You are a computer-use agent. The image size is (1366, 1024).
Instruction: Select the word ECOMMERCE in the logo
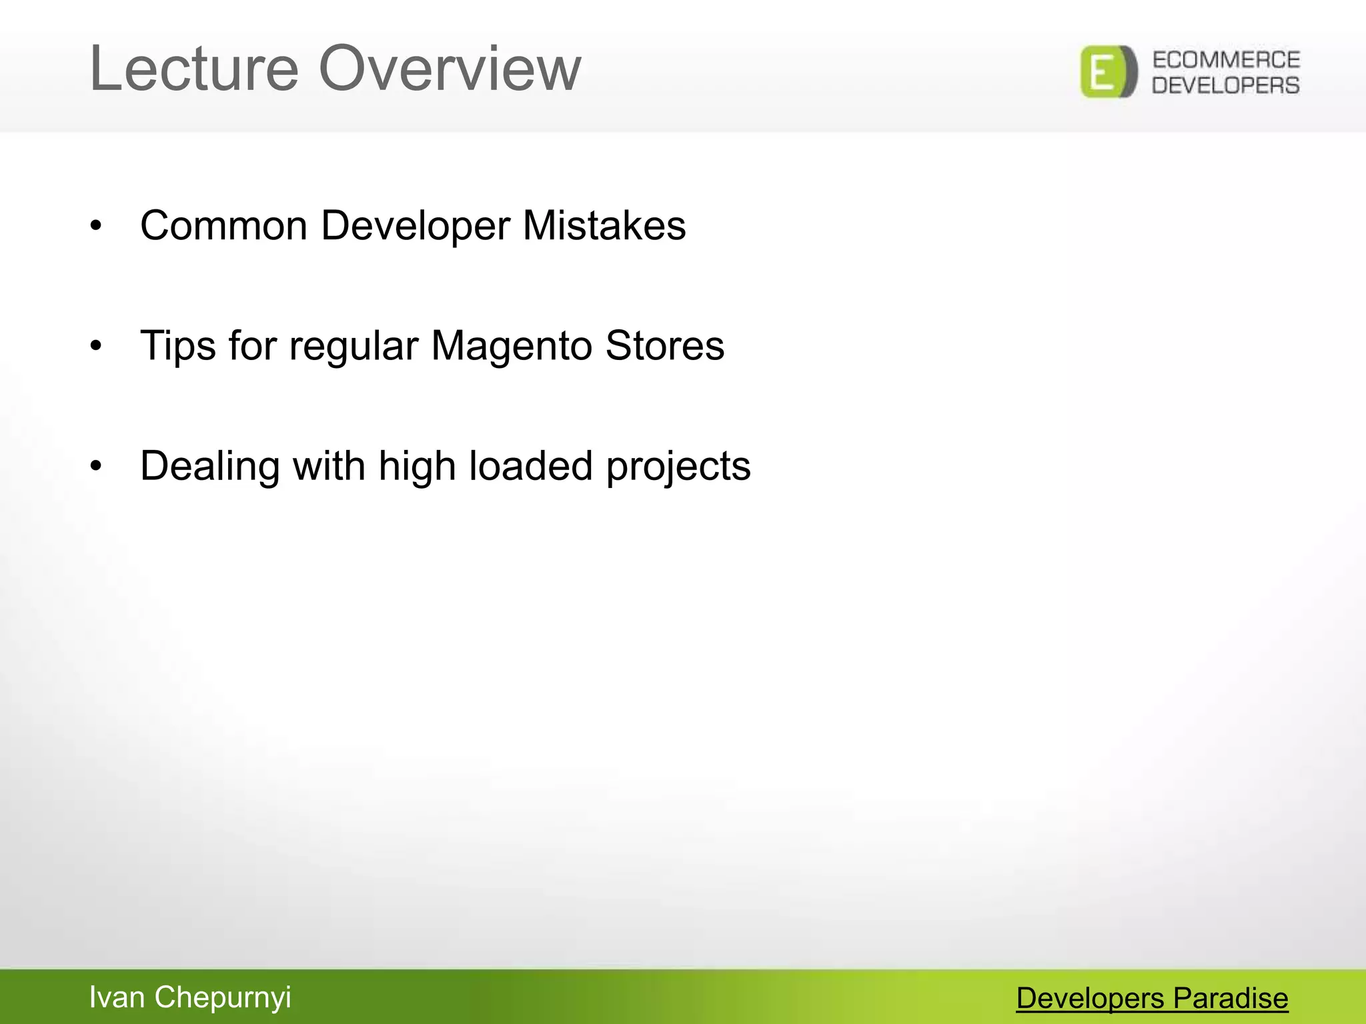[x=1226, y=60]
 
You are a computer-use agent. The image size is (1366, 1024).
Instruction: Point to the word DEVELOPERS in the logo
[x=1226, y=85]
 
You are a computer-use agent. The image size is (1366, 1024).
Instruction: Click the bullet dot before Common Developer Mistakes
[x=97, y=227]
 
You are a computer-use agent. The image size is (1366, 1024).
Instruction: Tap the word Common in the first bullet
[x=223, y=225]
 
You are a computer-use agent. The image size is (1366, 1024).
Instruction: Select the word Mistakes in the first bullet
[x=604, y=225]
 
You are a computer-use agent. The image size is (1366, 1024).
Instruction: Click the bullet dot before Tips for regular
[x=97, y=347]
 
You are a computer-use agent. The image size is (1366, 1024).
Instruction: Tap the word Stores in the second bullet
[x=664, y=347]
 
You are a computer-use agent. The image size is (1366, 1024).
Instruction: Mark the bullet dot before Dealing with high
[x=97, y=467]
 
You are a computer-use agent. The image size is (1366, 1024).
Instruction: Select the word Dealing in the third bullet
[x=209, y=467]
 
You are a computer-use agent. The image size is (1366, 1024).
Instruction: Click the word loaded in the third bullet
[x=530, y=465]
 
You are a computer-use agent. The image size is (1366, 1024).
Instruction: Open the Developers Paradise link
[x=1152, y=999]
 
